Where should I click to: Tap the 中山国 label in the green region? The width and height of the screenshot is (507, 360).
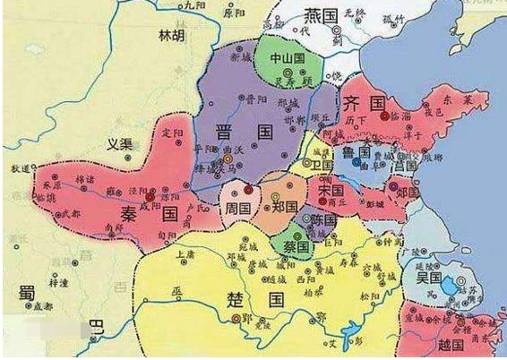(288, 56)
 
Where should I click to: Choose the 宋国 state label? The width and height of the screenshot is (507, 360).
(332, 191)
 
